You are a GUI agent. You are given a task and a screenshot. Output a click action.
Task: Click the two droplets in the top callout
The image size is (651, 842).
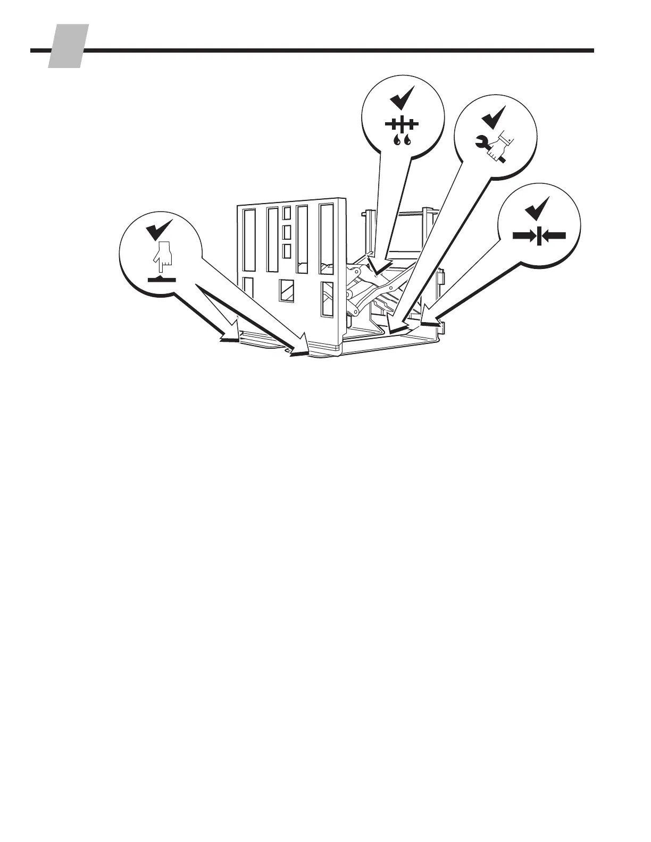click(402, 140)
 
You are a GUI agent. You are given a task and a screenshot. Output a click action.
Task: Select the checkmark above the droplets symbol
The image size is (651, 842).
click(402, 97)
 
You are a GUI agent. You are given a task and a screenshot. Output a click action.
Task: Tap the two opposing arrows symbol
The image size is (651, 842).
click(539, 235)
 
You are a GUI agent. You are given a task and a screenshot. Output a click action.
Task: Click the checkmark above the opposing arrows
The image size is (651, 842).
click(537, 209)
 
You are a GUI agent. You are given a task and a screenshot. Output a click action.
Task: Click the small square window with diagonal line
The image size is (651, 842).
click(287, 291)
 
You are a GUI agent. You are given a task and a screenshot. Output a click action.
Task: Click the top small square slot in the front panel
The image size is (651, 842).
click(287, 213)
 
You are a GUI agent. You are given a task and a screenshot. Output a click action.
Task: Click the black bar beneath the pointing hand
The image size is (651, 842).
click(162, 278)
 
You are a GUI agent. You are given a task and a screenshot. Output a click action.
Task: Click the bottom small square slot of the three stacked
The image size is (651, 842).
click(287, 251)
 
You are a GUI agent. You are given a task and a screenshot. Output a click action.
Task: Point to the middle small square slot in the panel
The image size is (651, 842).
click(287, 232)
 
